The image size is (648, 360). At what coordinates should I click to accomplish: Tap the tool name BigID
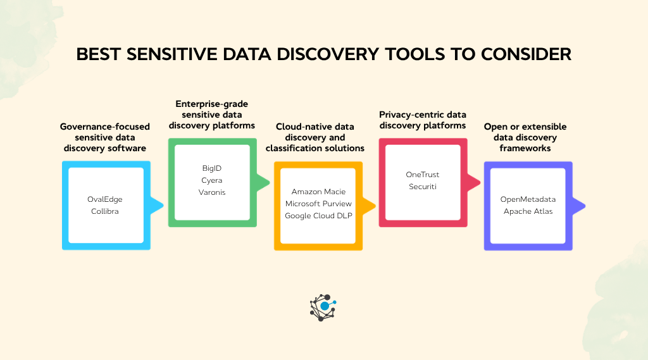(211, 169)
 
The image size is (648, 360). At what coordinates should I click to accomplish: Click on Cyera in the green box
(211, 180)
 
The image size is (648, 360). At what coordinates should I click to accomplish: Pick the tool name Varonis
(211, 192)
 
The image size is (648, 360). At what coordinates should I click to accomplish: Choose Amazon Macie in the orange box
(318, 192)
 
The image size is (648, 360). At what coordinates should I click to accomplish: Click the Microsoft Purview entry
(318, 204)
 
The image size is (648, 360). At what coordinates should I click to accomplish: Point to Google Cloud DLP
(318, 216)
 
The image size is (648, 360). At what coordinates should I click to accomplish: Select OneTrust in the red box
(422, 175)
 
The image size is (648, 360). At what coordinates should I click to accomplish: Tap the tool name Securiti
(422, 187)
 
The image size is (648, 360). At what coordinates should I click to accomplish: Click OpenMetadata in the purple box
(528, 199)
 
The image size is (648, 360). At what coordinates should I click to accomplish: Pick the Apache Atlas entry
(528, 211)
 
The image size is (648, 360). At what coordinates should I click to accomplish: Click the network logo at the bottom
(323, 307)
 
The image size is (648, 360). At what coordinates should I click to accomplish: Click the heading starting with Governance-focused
(104, 137)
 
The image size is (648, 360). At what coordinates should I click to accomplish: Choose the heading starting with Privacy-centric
(422, 120)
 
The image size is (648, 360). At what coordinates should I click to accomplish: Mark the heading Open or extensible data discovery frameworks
(525, 137)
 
